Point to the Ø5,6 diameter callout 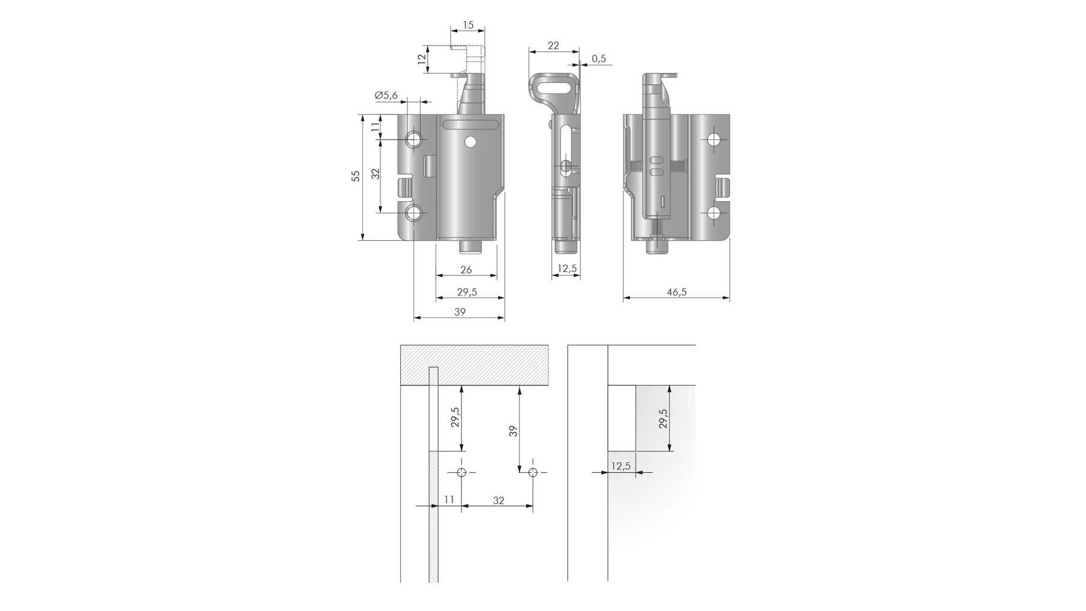click(386, 95)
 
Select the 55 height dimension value click(355, 176)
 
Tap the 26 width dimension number click(466, 270)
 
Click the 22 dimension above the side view click(553, 46)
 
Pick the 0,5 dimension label click(599, 59)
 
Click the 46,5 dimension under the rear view click(676, 292)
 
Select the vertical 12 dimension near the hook click(421, 59)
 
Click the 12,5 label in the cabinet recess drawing click(621, 466)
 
